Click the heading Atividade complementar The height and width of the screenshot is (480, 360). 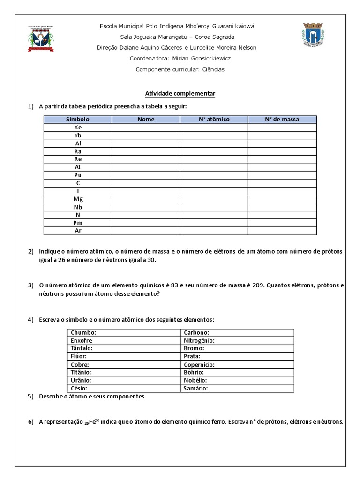pyautogui.click(x=180, y=94)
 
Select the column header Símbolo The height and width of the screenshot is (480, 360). pyautogui.click(x=78, y=120)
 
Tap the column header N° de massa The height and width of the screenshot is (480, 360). pyautogui.click(x=282, y=120)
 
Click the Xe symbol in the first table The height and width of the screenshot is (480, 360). pyautogui.click(x=78, y=127)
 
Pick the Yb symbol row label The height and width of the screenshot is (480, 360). pyautogui.click(x=78, y=135)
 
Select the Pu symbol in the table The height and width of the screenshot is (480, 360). pyautogui.click(x=78, y=175)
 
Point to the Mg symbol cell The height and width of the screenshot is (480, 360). pyautogui.click(x=78, y=199)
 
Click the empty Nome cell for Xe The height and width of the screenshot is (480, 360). pyautogui.click(x=146, y=127)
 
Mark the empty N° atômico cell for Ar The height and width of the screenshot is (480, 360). pyautogui.click(x=214, y=231)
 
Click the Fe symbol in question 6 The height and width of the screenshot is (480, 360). pyautogui.click(x=93, y=422)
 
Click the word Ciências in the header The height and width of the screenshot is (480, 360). pyautogui.click(x=213, y=69)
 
